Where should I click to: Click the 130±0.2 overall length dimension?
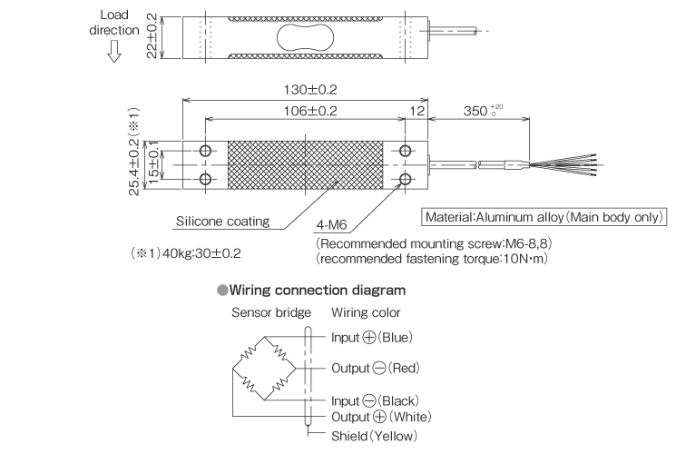click(305, 92)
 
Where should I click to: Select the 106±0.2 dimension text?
click(305, 111)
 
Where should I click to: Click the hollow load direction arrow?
click(113, 54)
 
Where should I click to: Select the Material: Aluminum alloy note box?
click(545, 218)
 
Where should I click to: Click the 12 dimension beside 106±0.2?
click(416, 111)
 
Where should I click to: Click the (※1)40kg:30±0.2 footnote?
click(187, 254)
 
